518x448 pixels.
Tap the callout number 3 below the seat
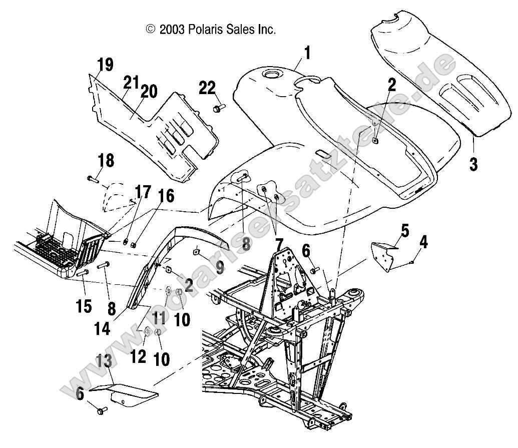coord(473,164)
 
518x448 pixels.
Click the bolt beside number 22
coord(219,108)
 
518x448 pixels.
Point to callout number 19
coord(105,65)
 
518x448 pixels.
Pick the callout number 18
coord(106,161)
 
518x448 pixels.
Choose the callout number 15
coord(84,305)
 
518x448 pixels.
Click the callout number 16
coord(153,196)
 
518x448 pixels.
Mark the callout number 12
coord(139,356)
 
